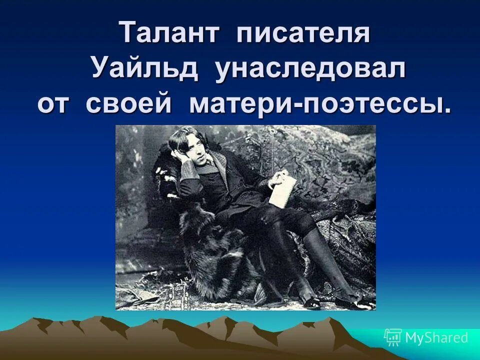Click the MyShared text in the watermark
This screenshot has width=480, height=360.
pos(436,338)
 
